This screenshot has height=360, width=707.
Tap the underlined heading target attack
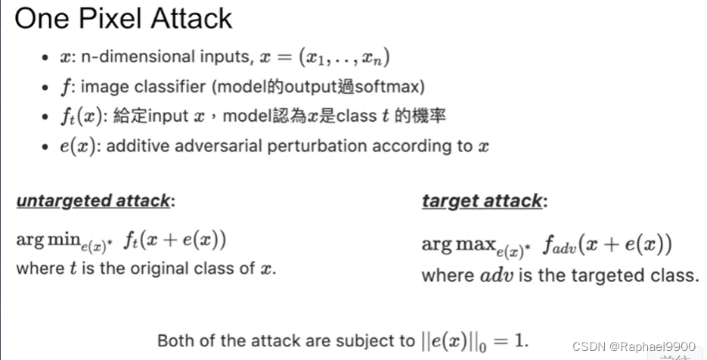pos(482,200)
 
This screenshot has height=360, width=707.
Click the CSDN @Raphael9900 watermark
pos(634,346)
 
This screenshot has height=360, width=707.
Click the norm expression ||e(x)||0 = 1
pos(474,340)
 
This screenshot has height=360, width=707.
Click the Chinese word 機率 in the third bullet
pos(432,116)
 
